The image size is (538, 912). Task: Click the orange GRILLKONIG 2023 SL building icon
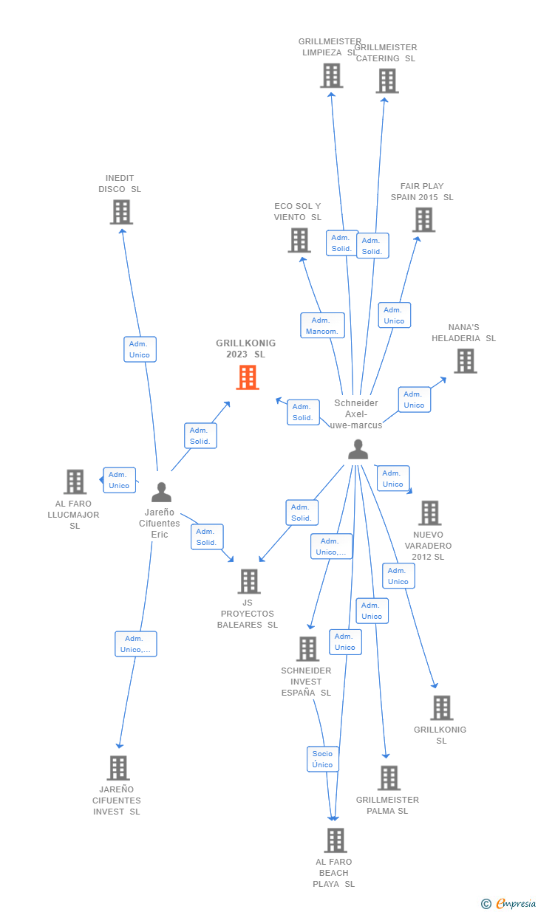click(247, 377)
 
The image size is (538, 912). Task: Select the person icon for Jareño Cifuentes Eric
click(161, 492)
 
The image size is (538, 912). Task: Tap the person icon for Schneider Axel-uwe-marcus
click(358, 449)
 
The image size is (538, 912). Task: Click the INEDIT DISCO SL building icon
click(121, 212)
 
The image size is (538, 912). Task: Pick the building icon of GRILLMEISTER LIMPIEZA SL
click(332, 75)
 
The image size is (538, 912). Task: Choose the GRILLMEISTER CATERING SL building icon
click(387, 80)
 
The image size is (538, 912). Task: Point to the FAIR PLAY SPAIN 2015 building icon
click(423, 219)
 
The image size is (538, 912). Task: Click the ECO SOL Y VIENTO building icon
click(299, 240)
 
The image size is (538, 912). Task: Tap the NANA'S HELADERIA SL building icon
click(465, 361)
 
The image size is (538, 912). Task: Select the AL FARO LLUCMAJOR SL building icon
click(75, 481)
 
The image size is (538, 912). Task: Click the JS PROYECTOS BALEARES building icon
click(249, 581)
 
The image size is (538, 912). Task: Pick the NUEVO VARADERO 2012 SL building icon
click(429, 512)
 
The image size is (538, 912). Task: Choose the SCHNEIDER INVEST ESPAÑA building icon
click(307, 648)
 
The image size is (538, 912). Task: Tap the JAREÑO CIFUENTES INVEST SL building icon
click(118, 768)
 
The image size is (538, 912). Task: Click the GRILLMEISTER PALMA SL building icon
click(389, 778)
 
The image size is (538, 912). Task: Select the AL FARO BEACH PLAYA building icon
click(336, 840)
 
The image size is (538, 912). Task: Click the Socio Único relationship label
click(323, 759)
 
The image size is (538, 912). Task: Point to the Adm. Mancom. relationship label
click(323, 326)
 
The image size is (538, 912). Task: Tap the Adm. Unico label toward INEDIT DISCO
click(140, 349)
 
